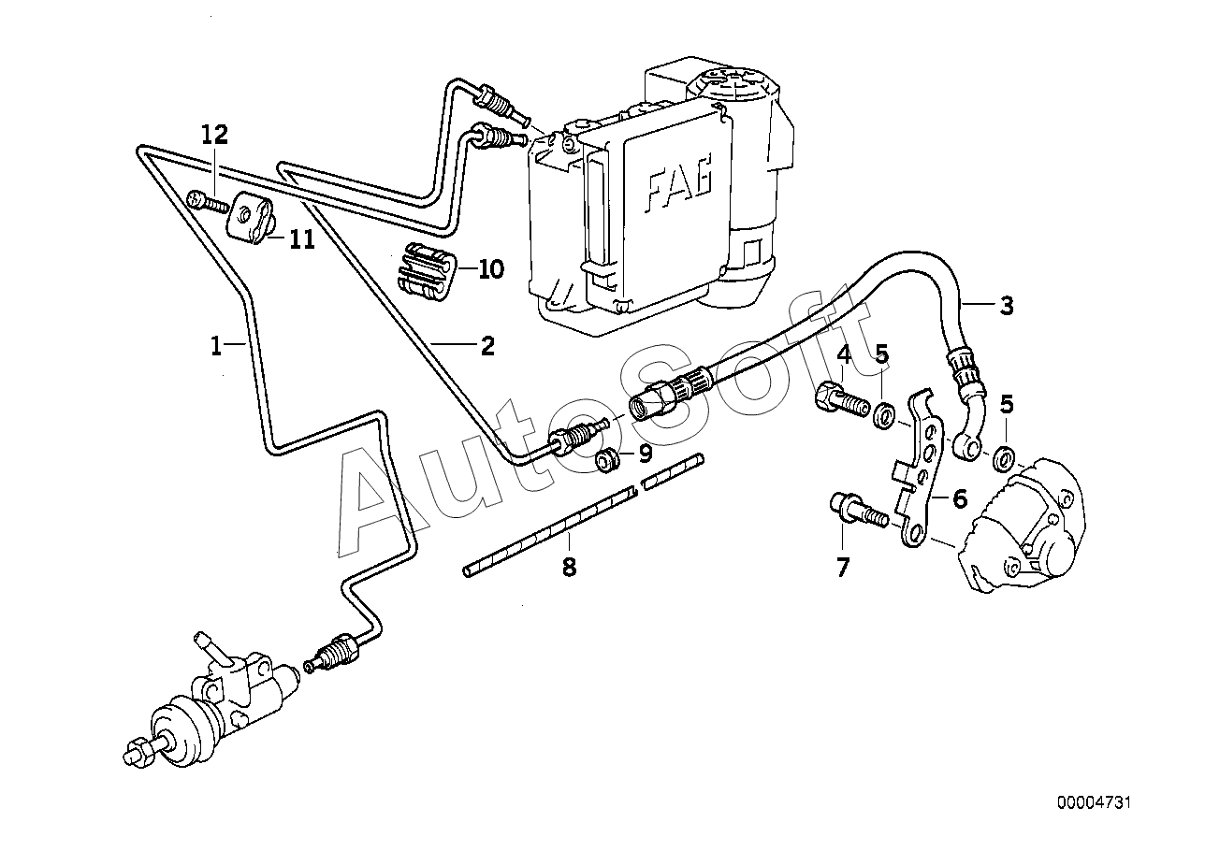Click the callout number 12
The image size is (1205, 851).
tap(214, 135)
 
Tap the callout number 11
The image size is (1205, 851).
tap(302, 239)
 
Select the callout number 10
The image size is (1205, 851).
tap(491, 269)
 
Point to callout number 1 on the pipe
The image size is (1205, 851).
tap(216, 346)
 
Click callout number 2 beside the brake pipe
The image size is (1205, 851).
tap(487, 346)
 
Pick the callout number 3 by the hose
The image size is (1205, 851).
tap(1006, 306)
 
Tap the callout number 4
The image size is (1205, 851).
tap(844, 354)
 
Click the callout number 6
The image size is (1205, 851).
tap(960, 498)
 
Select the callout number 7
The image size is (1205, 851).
tap(842, 567)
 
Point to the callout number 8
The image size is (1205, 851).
tap(569, 566)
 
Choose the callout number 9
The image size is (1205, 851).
tap(645, 454)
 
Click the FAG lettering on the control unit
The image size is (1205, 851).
tap(679, 182)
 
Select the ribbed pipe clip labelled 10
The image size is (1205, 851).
tap(427, 271)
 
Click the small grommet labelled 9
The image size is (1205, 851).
tap(607, 461)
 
